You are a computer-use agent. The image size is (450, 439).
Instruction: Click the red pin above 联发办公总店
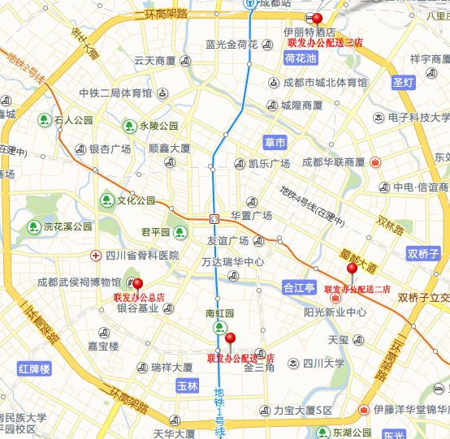pos(137,284)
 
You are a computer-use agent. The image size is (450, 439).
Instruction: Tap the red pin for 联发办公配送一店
pos(230,338)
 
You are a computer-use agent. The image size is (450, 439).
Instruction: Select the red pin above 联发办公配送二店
pos(352,269)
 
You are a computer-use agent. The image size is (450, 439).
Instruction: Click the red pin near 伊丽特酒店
pos(317,19)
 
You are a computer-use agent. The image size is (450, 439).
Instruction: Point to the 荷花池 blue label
pos(300,59)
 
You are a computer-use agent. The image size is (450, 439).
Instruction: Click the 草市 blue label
pos(275,143)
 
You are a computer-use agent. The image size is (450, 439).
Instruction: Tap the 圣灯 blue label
pos(403,83)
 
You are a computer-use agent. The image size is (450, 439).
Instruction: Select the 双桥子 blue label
pos(423,254)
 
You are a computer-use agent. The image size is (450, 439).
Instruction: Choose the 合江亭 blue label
pos(298,287)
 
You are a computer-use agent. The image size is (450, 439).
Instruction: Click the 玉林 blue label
pos(188,386)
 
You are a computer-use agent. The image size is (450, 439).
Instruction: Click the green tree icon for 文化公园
pos(106,200)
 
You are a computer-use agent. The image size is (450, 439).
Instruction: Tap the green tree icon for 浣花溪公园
pos(33,226)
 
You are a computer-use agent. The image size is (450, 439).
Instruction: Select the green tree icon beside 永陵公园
pos(129,126)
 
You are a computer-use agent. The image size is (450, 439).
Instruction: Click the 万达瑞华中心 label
pos(232,262)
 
